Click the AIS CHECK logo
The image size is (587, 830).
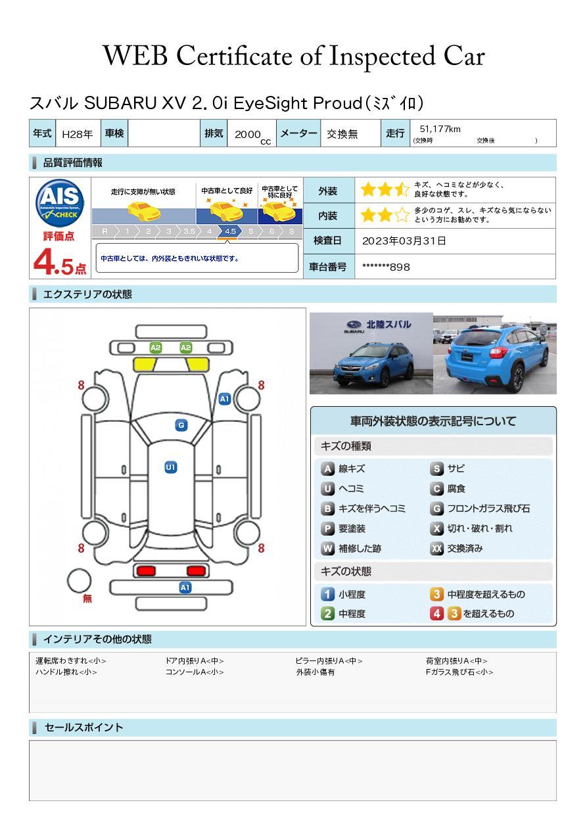(x=60, y=203)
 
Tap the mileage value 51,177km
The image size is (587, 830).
(x=440, y=129)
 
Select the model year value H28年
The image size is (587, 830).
(x=78, y=134)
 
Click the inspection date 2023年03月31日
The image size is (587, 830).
(x=404, y=241)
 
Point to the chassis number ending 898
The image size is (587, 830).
(x=386, y=267)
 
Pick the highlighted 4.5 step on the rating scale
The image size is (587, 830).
(x=230, y=231)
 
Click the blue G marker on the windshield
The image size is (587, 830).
(x=181, y=425)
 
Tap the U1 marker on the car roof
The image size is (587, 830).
(x=171, y=467)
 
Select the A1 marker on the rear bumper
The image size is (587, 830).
(x=185, y=588)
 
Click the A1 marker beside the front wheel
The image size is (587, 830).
(x=225, y=399)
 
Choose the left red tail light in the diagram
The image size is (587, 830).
(x=146, y=570)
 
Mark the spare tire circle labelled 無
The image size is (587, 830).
(x=79, y=581)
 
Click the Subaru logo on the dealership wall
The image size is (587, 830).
(x=354, y=325)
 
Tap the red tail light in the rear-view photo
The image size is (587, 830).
(x=498, y=352)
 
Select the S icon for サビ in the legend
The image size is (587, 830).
(x=436, y=469)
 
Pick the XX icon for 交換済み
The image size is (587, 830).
(x=436, y=548)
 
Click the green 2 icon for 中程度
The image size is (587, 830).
(x=327, y=614)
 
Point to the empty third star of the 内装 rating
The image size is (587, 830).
(x=402, y=215)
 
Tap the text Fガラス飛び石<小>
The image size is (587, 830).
(x=459, y=672)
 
